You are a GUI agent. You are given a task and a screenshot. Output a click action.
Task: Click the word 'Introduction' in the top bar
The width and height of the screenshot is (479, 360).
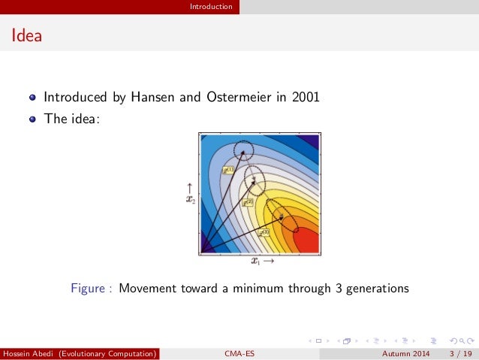click(x=211, y=7)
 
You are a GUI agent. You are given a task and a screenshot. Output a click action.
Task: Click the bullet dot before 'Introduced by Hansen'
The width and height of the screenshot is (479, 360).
click(x=32, y=98)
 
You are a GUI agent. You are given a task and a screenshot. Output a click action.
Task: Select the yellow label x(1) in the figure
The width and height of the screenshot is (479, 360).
click(x=228, y=171)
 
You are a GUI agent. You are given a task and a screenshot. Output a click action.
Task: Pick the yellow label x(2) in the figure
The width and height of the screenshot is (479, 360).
click(x=247, y=202)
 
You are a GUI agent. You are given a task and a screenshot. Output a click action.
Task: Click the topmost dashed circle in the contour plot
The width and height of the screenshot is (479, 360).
click(x=243, y=151)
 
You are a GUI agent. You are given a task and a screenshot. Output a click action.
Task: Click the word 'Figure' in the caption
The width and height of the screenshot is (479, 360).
click(x=87, y=288)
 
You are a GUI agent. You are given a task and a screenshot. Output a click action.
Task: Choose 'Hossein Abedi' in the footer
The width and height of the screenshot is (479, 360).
click(x=29, y=352)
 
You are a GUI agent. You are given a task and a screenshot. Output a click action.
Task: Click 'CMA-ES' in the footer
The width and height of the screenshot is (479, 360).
click(x=239, y=352)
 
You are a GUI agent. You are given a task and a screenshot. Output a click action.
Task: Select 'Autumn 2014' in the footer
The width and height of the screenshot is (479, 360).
click(x=405, y=352)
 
